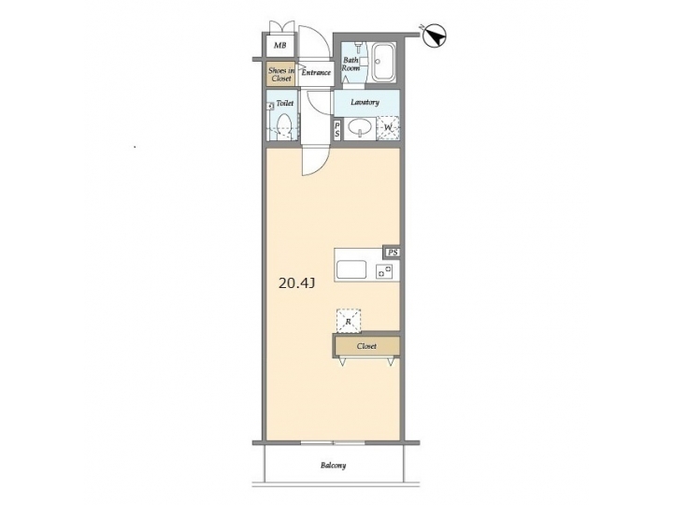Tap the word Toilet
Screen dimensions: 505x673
click(284, 106)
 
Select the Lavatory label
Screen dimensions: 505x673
click(365, 101)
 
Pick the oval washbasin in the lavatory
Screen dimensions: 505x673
click(360, 128)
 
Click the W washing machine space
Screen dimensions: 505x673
click(388, 128)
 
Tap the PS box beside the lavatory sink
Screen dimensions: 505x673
click(337, 130)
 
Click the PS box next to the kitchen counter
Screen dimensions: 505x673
click(394, 252)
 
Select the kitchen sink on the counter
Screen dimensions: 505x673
click(353, 270)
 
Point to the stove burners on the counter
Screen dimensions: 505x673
click(383, 271)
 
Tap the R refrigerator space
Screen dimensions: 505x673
click(349, 321)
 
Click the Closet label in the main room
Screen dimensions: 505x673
click(366, 346)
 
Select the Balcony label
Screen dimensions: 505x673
click(334, 466)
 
